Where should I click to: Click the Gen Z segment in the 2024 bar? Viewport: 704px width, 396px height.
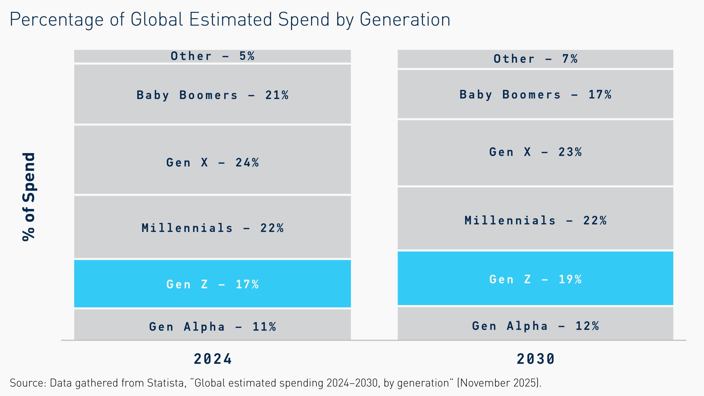pyautogui.click(x=212, y=284)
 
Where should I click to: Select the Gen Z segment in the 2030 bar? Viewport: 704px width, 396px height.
pyautogui.click(x=535, y=278)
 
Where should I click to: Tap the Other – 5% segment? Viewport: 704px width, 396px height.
pyautogui.click(x=212, y=56)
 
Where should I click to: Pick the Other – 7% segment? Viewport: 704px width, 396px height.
pyautogui.click(x=535, y=59)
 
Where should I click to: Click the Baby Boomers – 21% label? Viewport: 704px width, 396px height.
pyautogui.click(x=212, y=95)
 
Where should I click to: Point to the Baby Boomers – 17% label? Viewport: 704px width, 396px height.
pyautogui.click(x=535, y=95)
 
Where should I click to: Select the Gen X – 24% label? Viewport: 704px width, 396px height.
pyautogui.click(x=212, y=163)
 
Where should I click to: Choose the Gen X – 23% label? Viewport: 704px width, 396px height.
pyautogui.click(x=535, y=152)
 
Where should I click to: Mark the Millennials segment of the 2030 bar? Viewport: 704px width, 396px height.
pyautogui.click(x=535, y=220)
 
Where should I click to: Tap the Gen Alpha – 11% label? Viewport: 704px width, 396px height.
pyautogui.click(x=212, y=327)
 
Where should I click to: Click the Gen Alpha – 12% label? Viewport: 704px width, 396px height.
pyautogui.click(x=535, y=326)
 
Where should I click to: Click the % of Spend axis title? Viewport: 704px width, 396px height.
pyautogui.click(x=29, y=197)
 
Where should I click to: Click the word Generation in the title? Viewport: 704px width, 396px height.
pyautogui.click(x=405, y=20)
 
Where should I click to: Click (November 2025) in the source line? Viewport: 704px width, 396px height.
pyautogui.click(x=499, y=383)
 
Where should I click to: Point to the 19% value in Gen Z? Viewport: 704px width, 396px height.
pyautogui.click(x=570, y=279)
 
